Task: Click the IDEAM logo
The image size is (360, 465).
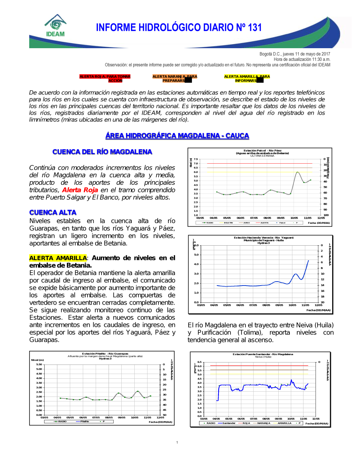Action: [x=55, y=26]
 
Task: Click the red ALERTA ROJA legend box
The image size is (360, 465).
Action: [x=105, y=78]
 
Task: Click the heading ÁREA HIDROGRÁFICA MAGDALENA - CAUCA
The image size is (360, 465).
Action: [x=177, y=136]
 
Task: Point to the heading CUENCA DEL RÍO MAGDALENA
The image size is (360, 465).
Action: [x=102, y=152]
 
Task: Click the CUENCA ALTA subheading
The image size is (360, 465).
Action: [x=53, y=213]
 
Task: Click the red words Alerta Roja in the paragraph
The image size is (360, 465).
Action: [x=80, y=190]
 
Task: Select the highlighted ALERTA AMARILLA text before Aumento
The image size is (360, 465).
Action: [x=58, y=258]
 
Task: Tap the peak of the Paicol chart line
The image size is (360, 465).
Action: [x=297, y=172]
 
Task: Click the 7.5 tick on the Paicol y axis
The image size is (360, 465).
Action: [x=196, y=159]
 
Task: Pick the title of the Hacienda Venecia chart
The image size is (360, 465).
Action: [x=264, y=238]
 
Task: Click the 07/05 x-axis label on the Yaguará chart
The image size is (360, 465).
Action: [x=253, y=305]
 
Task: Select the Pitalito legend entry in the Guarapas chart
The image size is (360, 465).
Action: [x=85, y=421]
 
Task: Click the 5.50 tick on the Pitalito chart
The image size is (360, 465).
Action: [x=39, y=364]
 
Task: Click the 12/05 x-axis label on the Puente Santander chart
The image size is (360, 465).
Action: [x=316, y=419]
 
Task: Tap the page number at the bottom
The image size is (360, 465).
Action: [x=177, y=442]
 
